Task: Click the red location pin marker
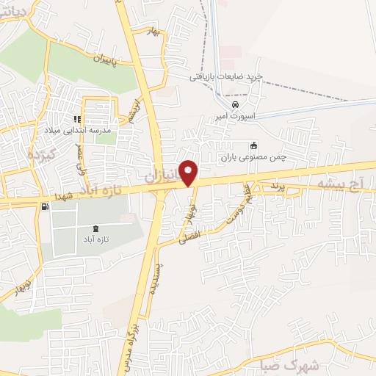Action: tap(189, 173)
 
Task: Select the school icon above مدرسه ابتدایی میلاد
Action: tap(77, 118)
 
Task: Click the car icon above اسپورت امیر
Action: tap(234, 104)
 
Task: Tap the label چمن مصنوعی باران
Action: tap(254, 157)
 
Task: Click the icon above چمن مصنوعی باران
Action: tap(254, 145)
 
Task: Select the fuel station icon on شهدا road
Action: tap(46, 206)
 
